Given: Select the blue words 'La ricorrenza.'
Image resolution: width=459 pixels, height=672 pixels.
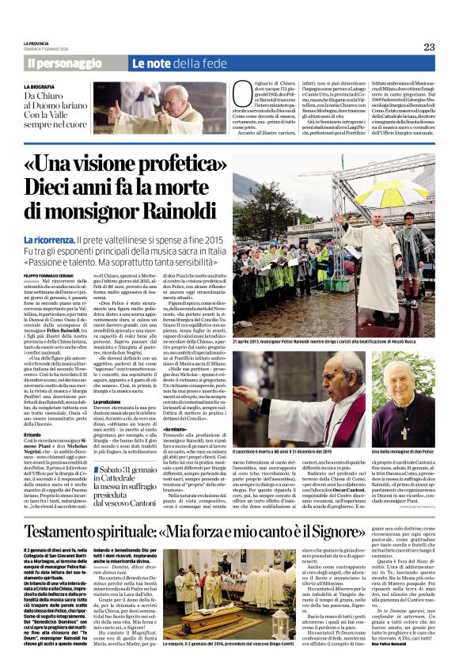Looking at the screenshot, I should click(50, 239).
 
